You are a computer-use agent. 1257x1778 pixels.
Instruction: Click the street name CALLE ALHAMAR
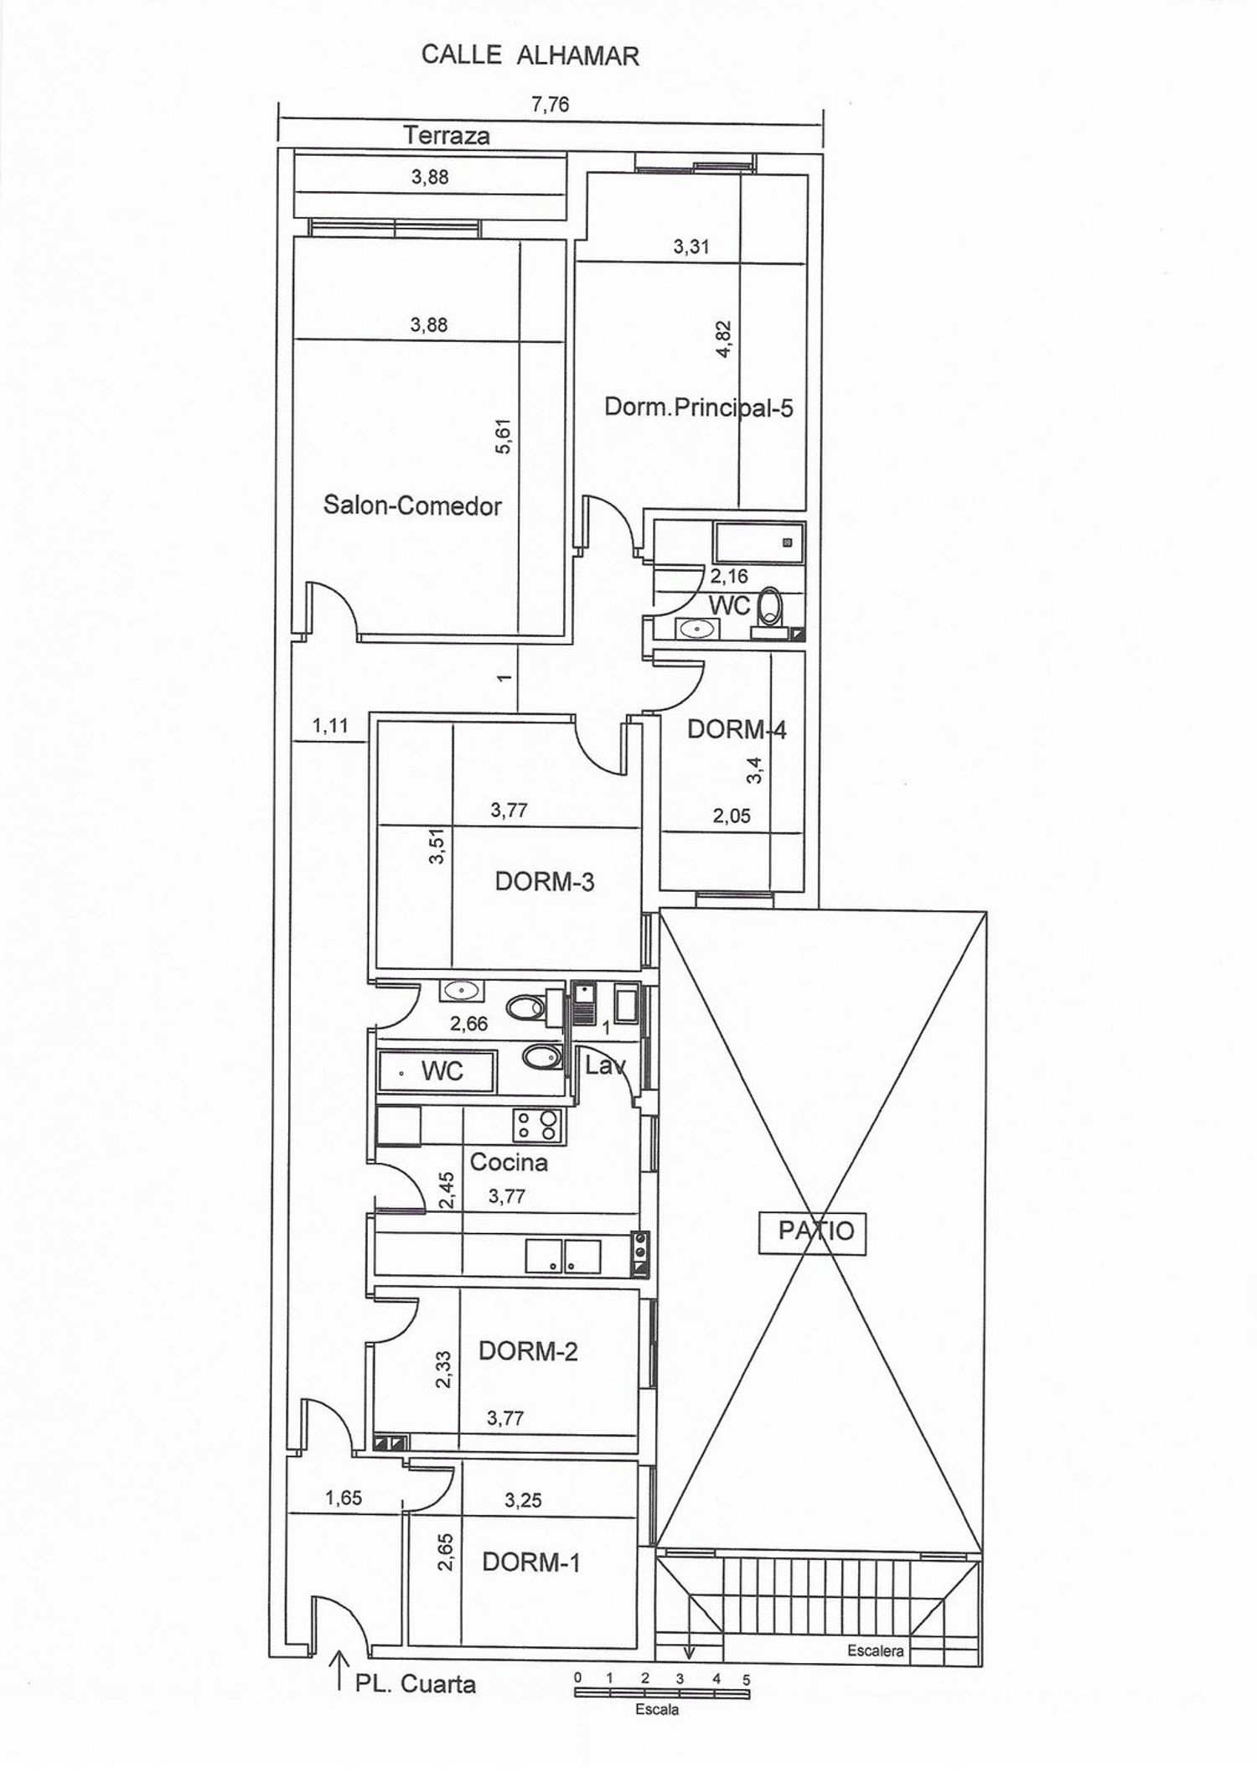[530, 55]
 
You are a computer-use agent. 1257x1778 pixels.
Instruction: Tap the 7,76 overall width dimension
[551, 105]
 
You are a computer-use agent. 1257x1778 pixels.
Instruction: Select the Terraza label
[447, 135]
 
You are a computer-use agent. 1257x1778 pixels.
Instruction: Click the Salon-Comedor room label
[412, 505]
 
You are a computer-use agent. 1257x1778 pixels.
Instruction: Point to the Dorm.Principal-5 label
[699, 408]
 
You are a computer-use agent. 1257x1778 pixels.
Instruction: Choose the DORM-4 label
[737, 729]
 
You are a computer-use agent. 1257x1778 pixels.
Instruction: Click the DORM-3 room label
[545, 882]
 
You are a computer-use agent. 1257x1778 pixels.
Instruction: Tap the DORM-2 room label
[528, 1351]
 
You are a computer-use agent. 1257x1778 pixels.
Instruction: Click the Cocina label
[509, 1162]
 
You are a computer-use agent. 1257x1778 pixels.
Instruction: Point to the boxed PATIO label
[812, 1231]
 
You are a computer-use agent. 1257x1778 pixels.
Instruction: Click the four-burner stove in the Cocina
[537, 1125]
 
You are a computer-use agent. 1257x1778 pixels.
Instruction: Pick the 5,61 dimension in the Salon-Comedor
[503, 437]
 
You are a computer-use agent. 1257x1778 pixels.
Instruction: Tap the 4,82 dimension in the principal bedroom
[724, 340]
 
